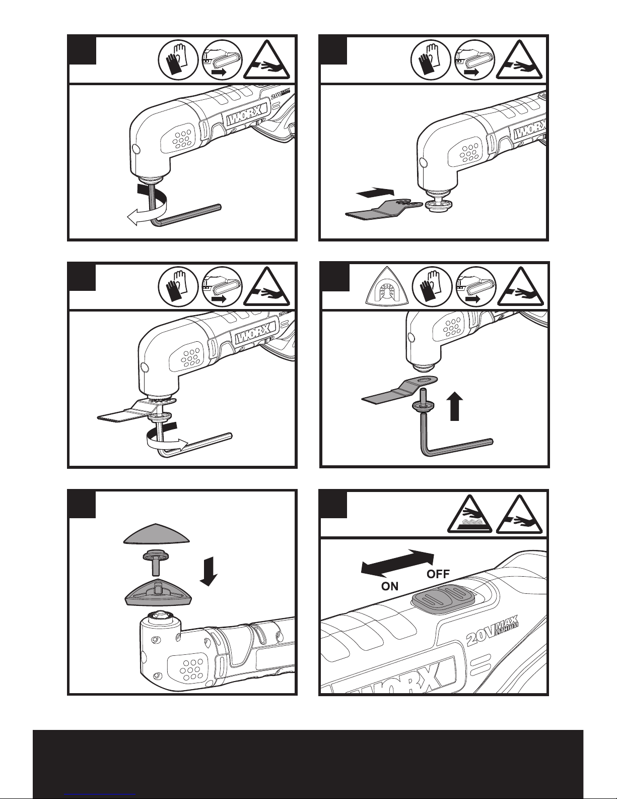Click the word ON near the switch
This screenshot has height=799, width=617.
(390, 586)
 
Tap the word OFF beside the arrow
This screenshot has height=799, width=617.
(439, 574)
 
